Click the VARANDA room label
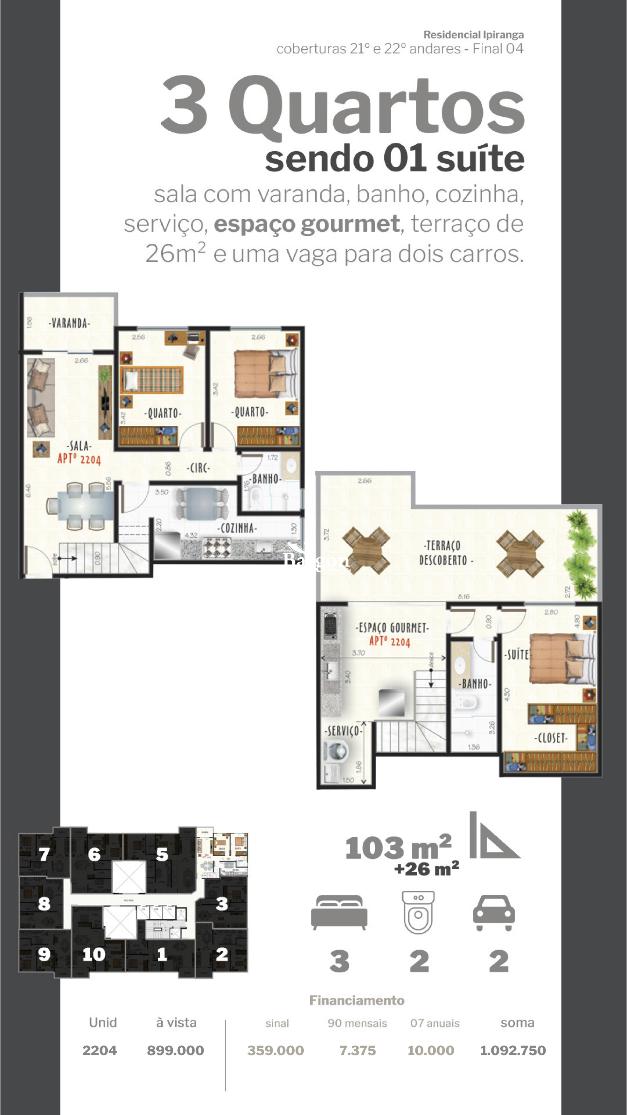[69, 323]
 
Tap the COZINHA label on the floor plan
[237, 528]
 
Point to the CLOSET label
[551, 738]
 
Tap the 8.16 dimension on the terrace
[463, 597]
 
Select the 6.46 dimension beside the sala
[28, 490]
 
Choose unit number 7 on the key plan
[44, 854]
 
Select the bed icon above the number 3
[339, 912]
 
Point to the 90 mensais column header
[357, 1023]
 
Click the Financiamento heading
[357, 1000]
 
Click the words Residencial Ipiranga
[474, 35]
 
